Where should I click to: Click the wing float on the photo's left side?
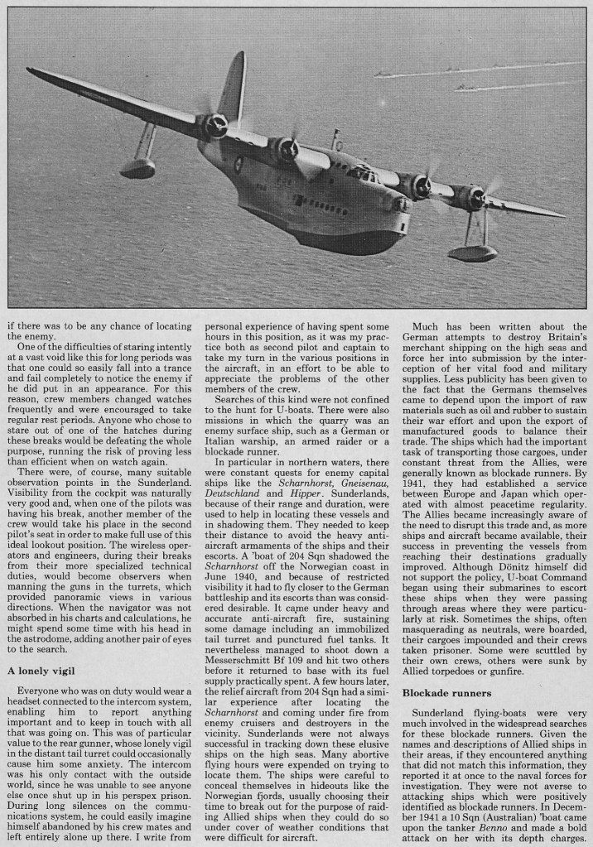(x=137, y=167)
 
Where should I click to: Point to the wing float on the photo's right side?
(x=473, y=252)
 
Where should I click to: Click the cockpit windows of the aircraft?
(x=362, y=173)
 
